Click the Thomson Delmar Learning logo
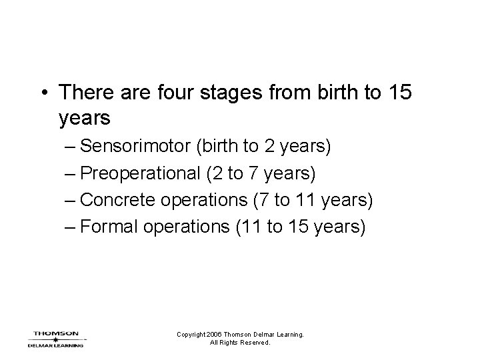click(x=55, y=339)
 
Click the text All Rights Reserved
click(x=240, y=343)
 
